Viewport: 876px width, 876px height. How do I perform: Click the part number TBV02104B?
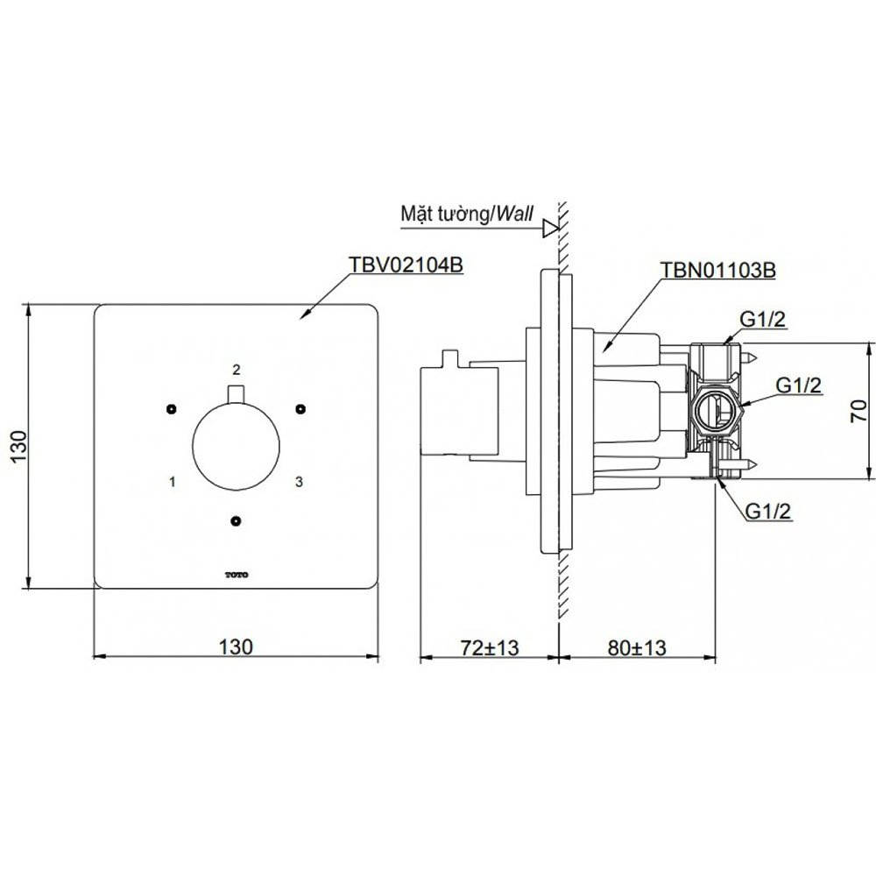click(406, 265)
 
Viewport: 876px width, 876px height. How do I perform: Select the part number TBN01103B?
click(718, 270)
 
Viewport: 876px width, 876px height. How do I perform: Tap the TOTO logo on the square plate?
click(237, 575)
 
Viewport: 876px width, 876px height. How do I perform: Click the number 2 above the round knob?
click(237, 370)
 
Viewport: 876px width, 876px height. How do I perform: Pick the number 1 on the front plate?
click(173, 481)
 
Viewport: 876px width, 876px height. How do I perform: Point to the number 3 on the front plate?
click(299, 481)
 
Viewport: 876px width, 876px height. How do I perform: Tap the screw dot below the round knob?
click(236, 521)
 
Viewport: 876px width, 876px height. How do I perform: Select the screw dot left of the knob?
click(172, 409)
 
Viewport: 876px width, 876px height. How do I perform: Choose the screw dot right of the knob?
click(301, 409)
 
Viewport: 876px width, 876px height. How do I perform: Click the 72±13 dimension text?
click(490, 647)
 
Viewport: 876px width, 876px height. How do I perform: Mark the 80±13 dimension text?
click(637, 647)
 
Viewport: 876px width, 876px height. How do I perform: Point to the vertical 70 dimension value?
click(858, 411)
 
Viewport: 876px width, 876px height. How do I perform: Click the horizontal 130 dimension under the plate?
click(236, 646)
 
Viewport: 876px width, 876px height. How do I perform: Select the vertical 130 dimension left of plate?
click(18, 445)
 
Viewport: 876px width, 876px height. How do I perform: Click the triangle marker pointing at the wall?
click(551, 228)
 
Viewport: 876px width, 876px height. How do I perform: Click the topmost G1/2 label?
click(763, 320)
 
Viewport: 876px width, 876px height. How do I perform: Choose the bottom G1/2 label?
click(768, 512)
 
